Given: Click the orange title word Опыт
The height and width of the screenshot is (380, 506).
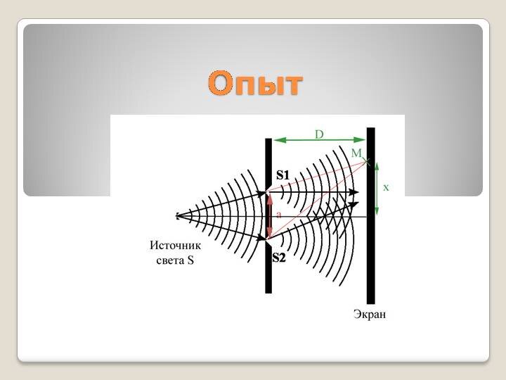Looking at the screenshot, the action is pyautogui.click(x=255, y=83).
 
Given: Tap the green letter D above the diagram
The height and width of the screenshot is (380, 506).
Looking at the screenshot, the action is pyautogui.click(x=319, y=134).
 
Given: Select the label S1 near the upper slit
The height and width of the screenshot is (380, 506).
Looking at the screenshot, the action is pyautogui.click(x=283, y=175).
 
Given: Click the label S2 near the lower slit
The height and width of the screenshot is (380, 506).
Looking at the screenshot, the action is pyautogui.click(x=279, y=258).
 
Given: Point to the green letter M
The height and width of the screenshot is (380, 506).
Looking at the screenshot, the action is pyautogui.click(x=356, y=153).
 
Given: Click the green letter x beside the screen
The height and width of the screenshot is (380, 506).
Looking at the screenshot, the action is pyautogui.click(x=386, y=187).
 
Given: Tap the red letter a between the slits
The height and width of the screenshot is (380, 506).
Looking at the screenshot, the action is pyautogui.click(x=279, y=215).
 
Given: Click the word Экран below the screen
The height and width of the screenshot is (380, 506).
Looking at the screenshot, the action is pyautogui.click(x=370, y=314).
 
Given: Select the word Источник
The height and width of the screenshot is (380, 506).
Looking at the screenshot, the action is pyautogui.click(x=175, y=246).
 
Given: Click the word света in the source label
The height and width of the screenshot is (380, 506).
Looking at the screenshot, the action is pyautogui.click(x=170, y=260).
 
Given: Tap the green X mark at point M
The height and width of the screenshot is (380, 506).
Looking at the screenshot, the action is pyautogui.click(x=367, y=161).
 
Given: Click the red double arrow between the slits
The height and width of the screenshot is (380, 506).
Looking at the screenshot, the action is pyautogui.click(x=270, y=216).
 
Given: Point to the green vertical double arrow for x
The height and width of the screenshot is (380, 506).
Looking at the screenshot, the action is pyautogui.click(x=377, y=189).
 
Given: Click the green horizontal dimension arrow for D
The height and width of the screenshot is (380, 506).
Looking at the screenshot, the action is pyautogui.click(x=320, y=140).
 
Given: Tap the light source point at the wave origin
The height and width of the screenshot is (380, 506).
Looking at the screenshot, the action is pyautogui.click(x=178, y=216).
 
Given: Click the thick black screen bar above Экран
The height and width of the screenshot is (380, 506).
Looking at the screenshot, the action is pyautogui.click(x=371, y=216).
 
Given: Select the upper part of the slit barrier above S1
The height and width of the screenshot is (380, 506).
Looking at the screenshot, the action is pyautogui.click(x=268, y=165).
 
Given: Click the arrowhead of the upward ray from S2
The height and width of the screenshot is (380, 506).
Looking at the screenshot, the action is pyautogui.click(x=355, y=204).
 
